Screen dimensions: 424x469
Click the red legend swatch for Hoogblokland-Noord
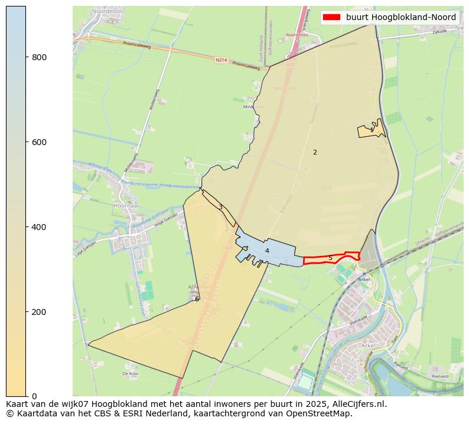(x=331, y=17)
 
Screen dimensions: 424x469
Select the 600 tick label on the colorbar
(x=39, y=142)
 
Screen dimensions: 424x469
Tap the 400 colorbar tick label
(x=39, y=227)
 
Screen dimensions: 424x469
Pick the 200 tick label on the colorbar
(x=39, y=312)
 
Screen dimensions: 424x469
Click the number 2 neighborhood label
(x=315, y=152)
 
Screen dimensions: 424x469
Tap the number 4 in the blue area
(x=267, y=251)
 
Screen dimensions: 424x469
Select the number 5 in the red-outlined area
(x=330, y=258)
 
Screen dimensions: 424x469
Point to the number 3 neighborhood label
(x=220, y=207)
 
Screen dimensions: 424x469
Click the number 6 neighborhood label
(x=197, y=299)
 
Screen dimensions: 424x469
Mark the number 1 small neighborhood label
(x=372, y=130)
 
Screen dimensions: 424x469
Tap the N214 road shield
(x=222, y=60)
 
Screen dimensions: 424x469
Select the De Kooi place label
(x=130, y=374)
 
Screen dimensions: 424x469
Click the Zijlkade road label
(x=439, y=31)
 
